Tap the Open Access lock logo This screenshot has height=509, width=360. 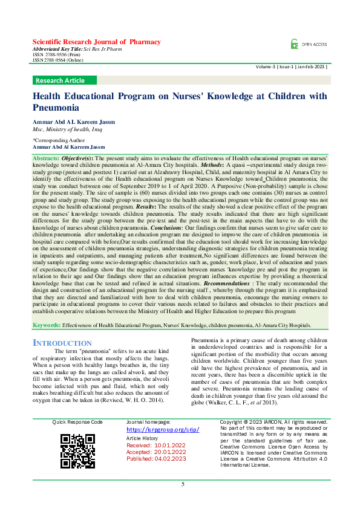[294, 44]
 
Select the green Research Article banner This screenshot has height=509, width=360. [60, 80]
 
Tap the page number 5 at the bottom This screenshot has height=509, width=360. [183, 484]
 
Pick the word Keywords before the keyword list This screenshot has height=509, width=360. [46, 325]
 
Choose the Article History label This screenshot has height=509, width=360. [142, 438]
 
